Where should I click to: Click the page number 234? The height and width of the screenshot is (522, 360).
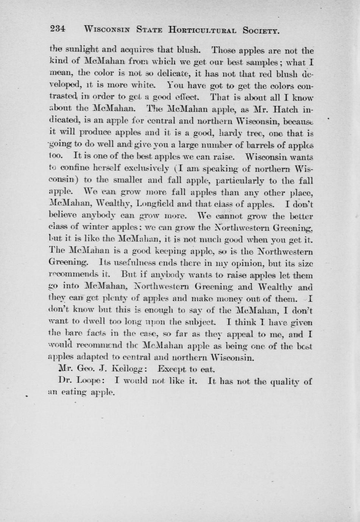(58, 29)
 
